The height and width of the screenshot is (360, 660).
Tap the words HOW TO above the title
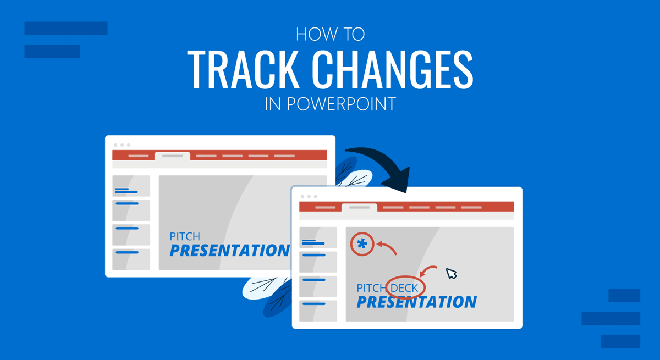330,34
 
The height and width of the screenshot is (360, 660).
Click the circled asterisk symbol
362,245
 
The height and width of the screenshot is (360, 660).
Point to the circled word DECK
405,287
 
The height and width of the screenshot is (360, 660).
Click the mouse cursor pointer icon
451,273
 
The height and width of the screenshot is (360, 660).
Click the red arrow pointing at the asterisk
387,248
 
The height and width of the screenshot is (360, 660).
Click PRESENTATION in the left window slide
229,251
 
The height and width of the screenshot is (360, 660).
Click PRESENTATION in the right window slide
416,302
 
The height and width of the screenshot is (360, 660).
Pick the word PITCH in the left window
185,237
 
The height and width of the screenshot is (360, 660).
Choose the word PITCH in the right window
371,288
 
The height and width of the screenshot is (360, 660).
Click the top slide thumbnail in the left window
131,186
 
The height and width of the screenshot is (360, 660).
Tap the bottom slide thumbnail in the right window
318,311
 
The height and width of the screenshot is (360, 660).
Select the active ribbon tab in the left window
172,156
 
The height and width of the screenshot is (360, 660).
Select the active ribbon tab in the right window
359,208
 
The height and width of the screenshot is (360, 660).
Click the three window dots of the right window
309,196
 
